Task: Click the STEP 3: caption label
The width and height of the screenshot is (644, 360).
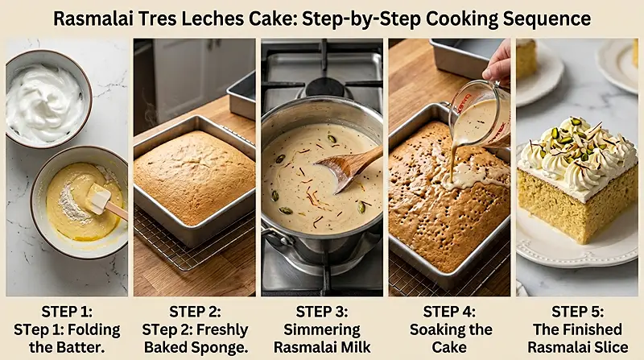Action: (x=321, y=312)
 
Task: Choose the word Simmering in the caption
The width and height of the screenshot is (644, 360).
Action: (x=321, y=329)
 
